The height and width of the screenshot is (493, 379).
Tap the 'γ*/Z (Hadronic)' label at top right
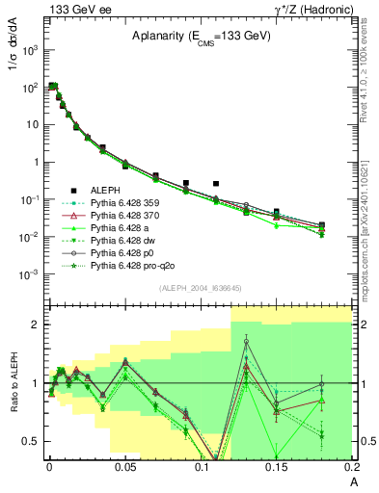coord(312,8)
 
